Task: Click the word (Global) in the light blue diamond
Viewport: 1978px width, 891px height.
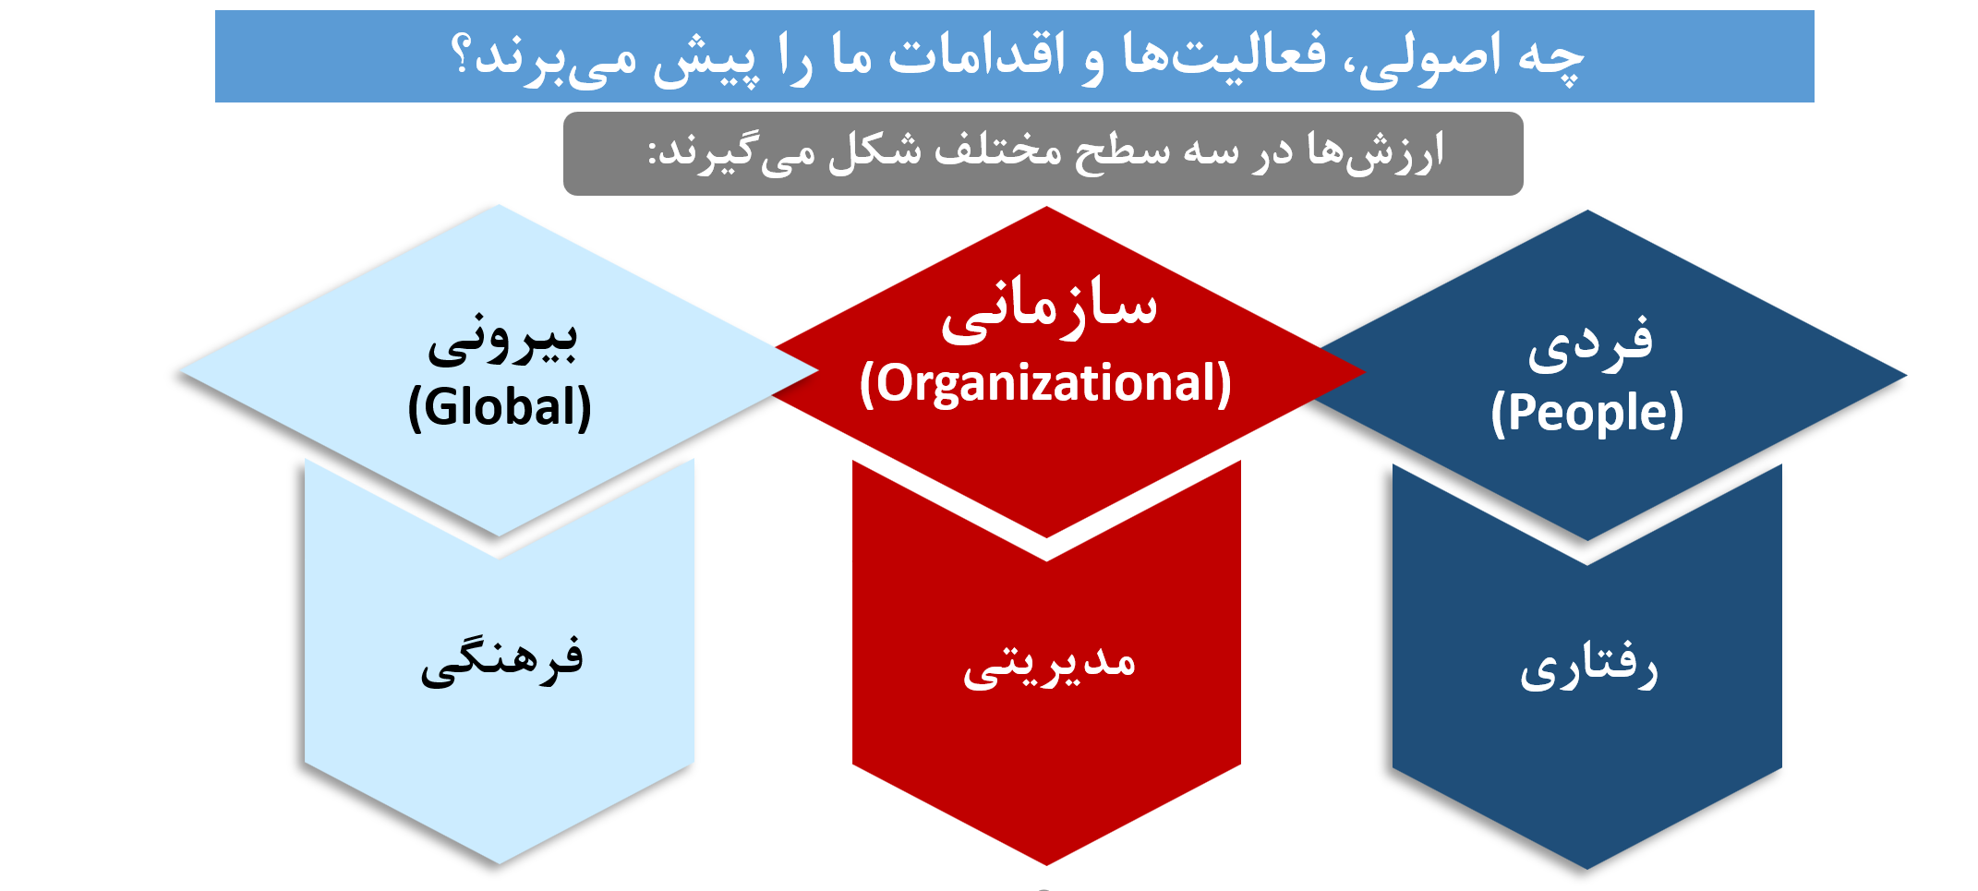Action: click(x=500, y=407)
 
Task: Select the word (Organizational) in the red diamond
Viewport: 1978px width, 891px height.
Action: click(x=1045, y=383)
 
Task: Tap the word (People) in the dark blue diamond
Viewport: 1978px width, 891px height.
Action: click(x=1587, y=412)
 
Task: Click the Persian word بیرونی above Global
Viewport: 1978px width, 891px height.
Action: click(x=502, y=339)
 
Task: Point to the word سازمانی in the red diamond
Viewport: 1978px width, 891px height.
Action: click(x=1049, y=310)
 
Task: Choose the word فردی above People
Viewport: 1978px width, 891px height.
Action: click(x=1589, y=342)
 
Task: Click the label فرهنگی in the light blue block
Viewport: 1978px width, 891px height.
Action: click(x=501, y=659)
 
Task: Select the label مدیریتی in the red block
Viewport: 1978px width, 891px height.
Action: click(x=1049, y=665)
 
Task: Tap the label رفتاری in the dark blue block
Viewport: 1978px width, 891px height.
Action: click(x=1588, y=667)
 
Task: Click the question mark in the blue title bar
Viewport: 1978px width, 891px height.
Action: click(x=461, y=55)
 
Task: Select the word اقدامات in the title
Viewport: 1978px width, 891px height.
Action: click(x=976, y=54)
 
